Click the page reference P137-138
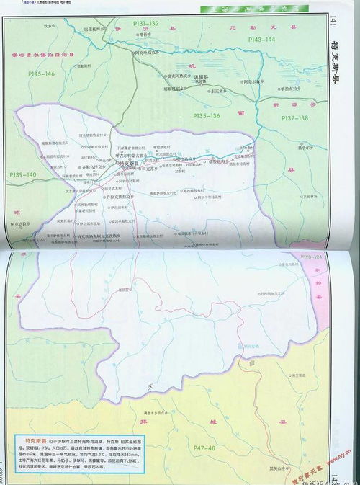tap(295, 117)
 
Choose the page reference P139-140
tap(22, 175)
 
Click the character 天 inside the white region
tap(150, 388)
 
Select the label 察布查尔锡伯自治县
tap(49, 53)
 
